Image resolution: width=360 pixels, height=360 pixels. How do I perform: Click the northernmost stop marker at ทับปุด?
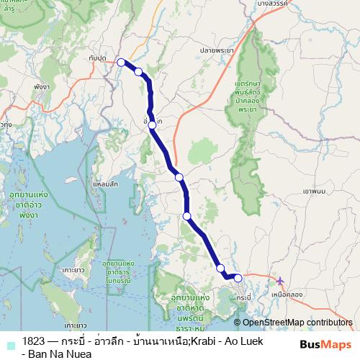(x=122, y=62)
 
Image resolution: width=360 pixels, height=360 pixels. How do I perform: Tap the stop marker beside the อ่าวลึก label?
(x=152, y=125)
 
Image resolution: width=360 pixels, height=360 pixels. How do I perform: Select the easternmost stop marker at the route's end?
(x=238, y=278)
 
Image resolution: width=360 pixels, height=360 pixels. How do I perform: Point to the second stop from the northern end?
(x=138, y=71)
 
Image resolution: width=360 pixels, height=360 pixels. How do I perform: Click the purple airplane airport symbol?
(x=280, y=280)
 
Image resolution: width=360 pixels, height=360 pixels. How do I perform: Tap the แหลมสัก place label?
(x=105, y=184)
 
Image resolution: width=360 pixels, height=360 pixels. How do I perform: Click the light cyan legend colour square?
(x=10, y=344)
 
